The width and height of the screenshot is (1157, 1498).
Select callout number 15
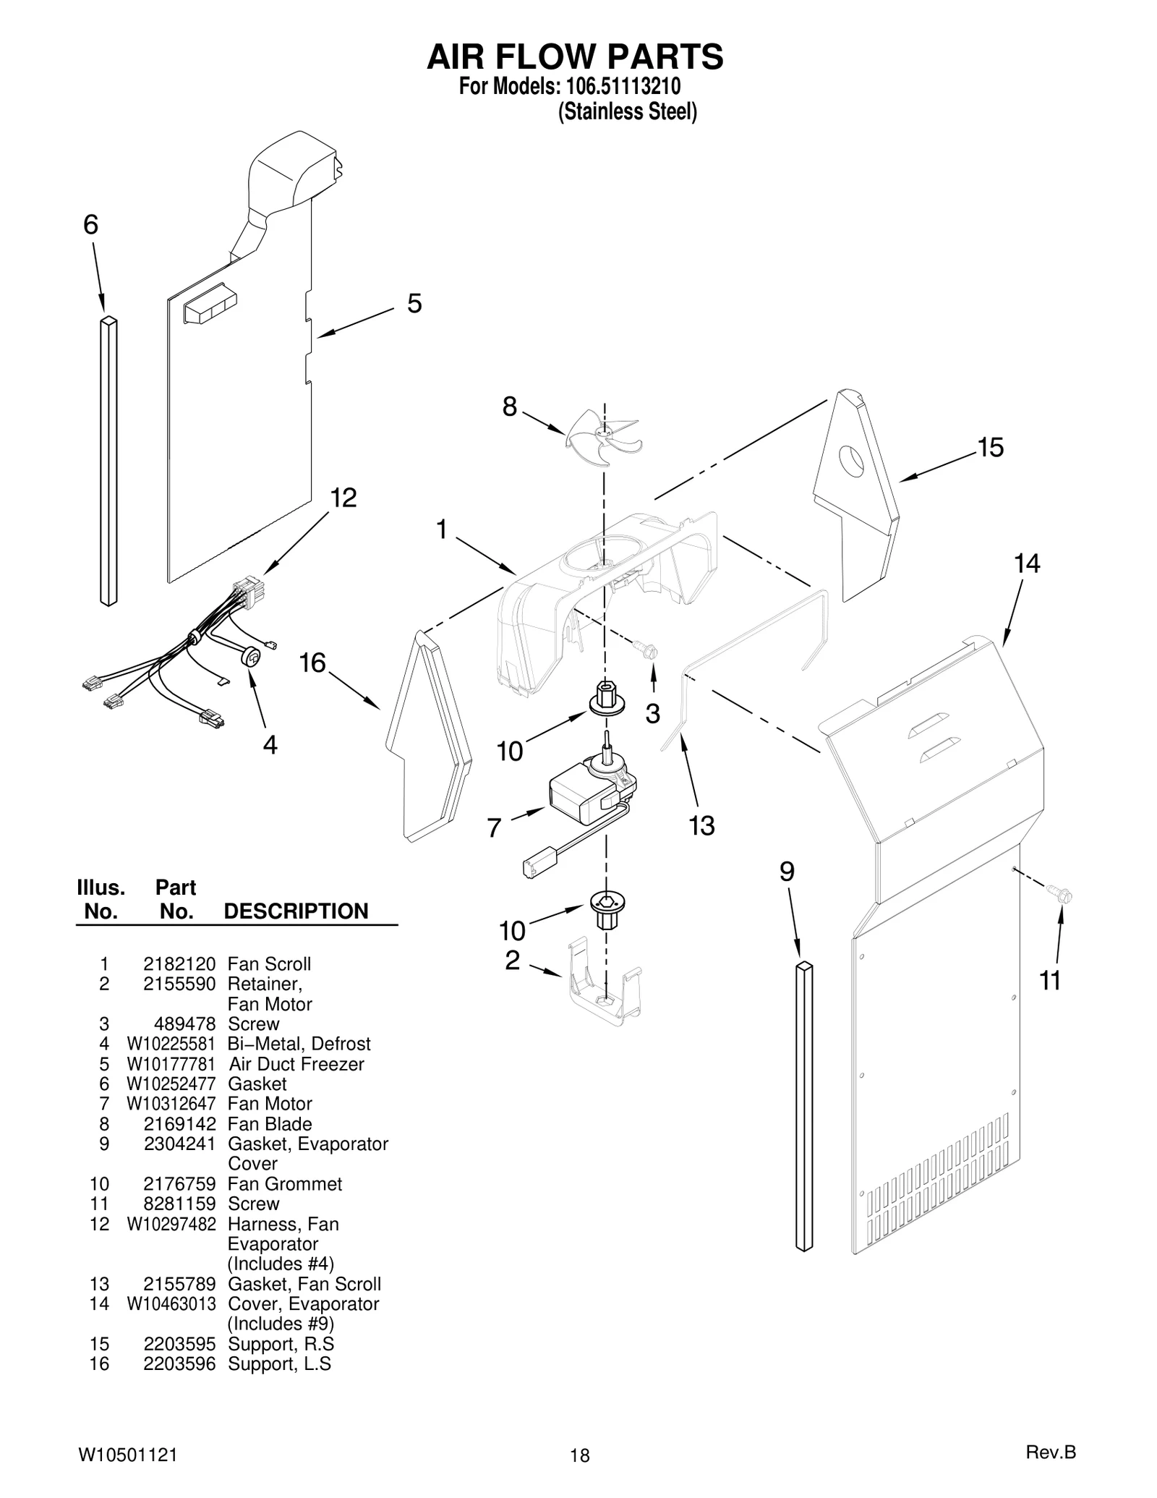pyautogui.click(x=990, y=448)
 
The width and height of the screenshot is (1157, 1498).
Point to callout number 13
pyautogui.click(x=701, y=825)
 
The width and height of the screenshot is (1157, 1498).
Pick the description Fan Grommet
pyautogui.click(x=284, y=1184)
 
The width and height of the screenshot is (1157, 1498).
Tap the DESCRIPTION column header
pyautogui.click(x=296, y=911)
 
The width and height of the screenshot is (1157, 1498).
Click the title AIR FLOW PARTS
pyautogui.click(x=575, y=56)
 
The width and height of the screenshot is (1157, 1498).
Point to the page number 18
pyautogui.click(x=579, y=1455)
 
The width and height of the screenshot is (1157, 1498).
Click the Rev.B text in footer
pyautogui.click(x=1051, y=1452)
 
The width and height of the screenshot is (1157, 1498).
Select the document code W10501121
pyautogui.click(x=127, y=1455)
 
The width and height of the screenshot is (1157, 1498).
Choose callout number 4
pyautogui.click(x=270, y=744)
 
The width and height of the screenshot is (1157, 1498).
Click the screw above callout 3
pyautogui.click(x=647, y=650)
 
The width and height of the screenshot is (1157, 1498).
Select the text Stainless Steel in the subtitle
pyautogui.click(x=627, y=112)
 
